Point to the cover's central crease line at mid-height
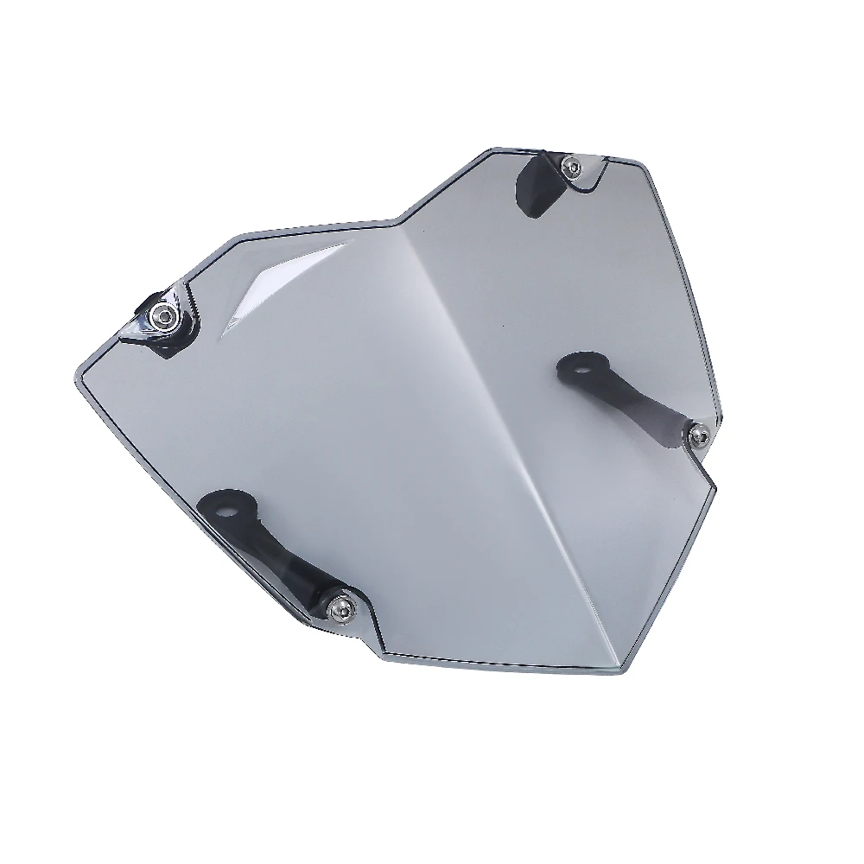(x=484, y=432)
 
